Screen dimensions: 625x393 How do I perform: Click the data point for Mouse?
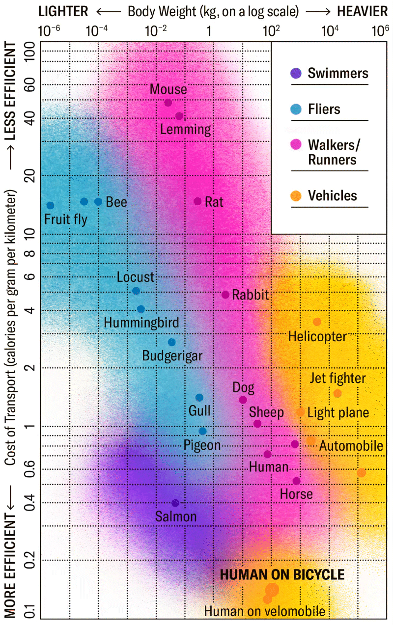click(x=168, y=103)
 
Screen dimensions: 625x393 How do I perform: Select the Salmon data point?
click(x=175, y=503)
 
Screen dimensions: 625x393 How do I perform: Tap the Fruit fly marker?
click(x=50, y=205)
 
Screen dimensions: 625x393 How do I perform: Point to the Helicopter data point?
click(x=317, y=322)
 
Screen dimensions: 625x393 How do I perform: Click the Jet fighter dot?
click(x=337, y=393)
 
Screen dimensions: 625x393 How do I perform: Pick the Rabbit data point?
click(x=225, y=295)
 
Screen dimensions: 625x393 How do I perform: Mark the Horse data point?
click(x=296, y=481)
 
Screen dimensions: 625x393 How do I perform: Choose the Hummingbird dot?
click(x=141, y=309)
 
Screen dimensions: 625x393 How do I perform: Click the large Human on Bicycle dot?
click(x=272, y=590)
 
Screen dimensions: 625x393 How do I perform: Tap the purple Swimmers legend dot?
click(x=296, y=73)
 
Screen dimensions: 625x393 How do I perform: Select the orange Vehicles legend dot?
click(x=296, y=196)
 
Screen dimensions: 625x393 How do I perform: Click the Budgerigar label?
click(x=172, y=356)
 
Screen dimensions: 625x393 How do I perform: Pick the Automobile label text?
click(x=351, y=446)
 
